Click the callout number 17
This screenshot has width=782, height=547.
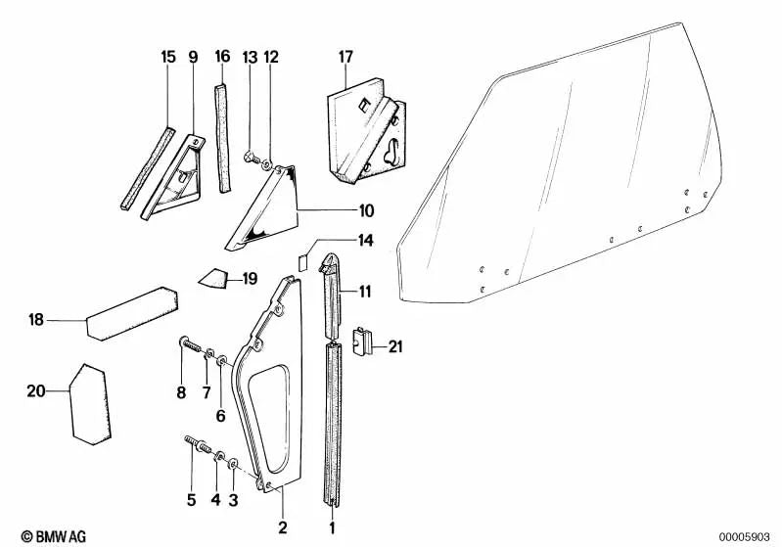tap(345, 57)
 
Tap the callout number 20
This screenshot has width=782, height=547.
tap(36, 391)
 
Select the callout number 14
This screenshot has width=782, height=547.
tap(366, 241)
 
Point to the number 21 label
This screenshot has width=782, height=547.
tap(395, 346)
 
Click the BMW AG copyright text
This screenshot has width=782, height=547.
tap(54, 536)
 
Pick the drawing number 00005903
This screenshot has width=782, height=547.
tap(745, 537)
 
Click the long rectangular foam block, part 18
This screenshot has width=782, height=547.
tap(132, 314)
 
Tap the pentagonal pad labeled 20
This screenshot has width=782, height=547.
tap(90, 404)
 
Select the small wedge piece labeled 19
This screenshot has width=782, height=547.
tap(213, 278)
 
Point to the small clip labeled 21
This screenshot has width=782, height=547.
tap(362, 342)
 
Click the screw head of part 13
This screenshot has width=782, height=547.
tap(249, 159)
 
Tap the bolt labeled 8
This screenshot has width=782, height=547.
tap(190, 343)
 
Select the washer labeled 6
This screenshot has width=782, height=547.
tap(222, 360)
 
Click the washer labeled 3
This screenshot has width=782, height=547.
tap(233, 465)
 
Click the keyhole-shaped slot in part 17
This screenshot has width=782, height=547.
tap(391, 151)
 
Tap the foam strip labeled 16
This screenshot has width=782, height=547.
tap(223, 138)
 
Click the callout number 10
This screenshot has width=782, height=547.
tap(367, 211)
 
